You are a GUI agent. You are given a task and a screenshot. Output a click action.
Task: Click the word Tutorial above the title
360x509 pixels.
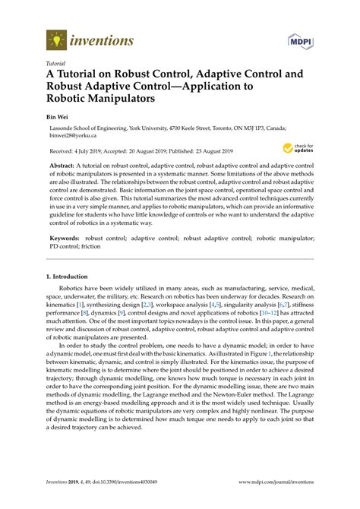[x=55, y=64]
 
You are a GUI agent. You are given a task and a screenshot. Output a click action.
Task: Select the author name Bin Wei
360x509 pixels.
[x=58, y=119]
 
